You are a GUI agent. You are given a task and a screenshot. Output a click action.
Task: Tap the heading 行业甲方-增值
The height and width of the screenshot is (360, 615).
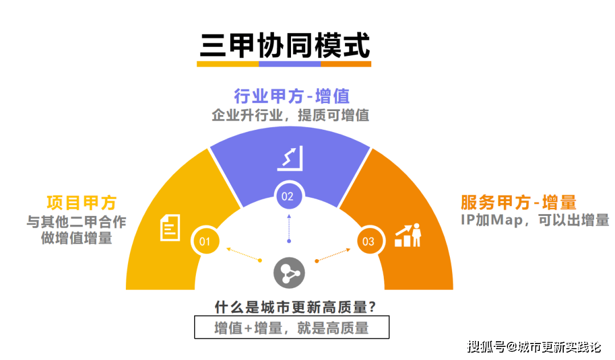coord(292,95)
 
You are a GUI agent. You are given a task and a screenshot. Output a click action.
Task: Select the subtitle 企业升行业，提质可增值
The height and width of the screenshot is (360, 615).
coord(290,115)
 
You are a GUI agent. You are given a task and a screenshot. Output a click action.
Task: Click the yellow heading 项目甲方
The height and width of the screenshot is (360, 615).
coord(81,202)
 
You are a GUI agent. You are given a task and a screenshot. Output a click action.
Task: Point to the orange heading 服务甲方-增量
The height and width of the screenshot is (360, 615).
coord(518,202)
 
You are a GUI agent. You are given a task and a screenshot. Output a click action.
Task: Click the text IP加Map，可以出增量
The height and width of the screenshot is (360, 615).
coord(535,220)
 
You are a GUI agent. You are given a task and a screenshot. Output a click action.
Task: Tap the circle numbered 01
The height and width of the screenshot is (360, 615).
coord(205,241)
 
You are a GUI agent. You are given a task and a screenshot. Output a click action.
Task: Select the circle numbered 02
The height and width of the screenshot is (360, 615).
coord(288,197)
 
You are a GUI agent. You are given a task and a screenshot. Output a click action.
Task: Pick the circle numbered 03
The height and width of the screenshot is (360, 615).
coord(368,241)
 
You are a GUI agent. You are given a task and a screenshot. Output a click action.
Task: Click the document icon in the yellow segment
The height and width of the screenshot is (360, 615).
coord(169,227)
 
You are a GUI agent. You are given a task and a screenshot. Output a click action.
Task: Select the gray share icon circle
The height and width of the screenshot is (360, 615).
coord(289,273)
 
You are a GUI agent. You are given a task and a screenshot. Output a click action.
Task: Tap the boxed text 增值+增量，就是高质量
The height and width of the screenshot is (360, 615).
coord(292,328)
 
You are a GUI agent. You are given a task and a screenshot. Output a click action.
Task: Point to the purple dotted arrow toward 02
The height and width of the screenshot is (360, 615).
coord(289,228)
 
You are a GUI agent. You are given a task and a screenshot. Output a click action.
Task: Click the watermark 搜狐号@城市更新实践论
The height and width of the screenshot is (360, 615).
coord(534,346)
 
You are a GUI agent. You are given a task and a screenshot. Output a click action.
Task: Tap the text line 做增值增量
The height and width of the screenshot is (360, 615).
coord(76,239)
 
